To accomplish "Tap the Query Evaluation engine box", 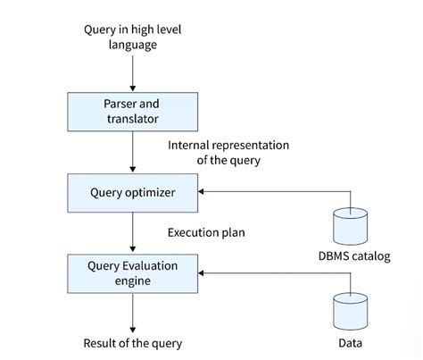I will [133, 272].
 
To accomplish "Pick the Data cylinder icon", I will [349, 310].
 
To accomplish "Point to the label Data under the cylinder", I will [349, 341].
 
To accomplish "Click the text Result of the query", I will [132, 342].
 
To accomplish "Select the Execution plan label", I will [206, 232].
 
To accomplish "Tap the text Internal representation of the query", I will [228, 151].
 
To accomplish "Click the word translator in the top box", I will [133, 117].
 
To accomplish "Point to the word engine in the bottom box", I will [133, 280].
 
